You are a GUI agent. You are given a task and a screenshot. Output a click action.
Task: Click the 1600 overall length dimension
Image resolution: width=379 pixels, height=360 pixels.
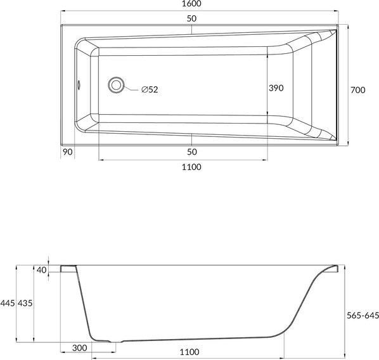pyautogui.click(x=191, y=4)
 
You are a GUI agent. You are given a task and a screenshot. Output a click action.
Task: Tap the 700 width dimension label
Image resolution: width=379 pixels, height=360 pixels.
pyautogui.click(x=358, y=90)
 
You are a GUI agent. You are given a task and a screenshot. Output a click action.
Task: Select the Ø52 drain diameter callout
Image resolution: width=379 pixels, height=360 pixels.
pyautogui.click(x=150, y=89)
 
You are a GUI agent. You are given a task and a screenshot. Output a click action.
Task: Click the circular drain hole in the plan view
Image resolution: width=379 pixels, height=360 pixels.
pyautogui.click(x=116, y=85)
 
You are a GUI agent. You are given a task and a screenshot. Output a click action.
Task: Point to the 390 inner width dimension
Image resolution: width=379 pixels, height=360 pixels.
pyautogui.click(x=276, y=88)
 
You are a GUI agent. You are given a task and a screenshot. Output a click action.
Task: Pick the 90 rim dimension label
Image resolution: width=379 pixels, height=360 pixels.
pyautogui.click(x=68, y=152)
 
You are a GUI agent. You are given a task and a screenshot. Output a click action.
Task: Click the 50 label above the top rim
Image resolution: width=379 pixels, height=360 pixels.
pyautogui.click(x=191, y=18)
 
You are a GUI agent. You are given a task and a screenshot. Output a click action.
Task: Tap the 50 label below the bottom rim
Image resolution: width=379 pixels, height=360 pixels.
pyautogui.click(x=191, y=152)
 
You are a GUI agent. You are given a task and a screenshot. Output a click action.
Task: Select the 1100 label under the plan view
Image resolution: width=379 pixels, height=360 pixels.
pyautogui.click(x=191, y=167)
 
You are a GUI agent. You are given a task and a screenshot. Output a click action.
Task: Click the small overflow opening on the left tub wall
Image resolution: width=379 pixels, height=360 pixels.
pyautogui.click(x=79, y=84)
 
